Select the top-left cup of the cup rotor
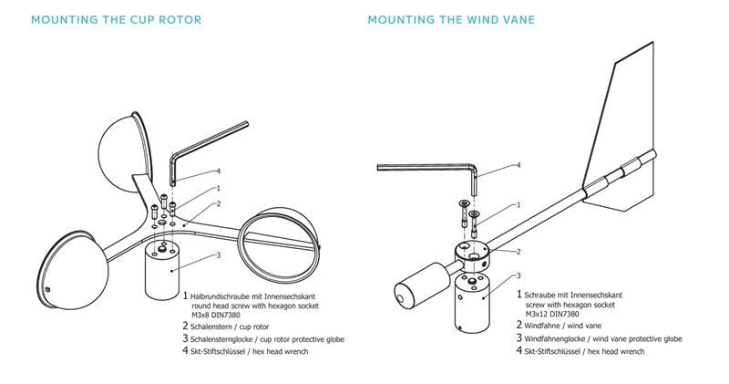coord(127,133)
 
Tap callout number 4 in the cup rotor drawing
coord(219,171)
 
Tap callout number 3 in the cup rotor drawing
coord(218,256)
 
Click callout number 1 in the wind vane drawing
coord(518,206)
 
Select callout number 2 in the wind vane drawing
coord(518,252)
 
